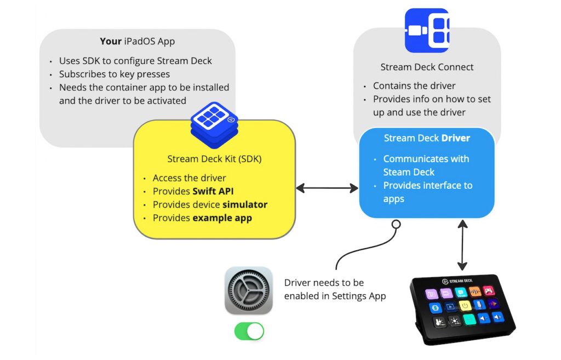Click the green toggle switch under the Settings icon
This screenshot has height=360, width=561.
tap(249, 331)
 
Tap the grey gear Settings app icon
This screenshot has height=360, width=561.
tap(248, 290)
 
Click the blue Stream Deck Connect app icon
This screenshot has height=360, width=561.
tap(427, 31)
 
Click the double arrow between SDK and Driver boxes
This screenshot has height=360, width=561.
tap(327, 188)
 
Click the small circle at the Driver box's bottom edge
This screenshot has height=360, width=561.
tap(396, 224)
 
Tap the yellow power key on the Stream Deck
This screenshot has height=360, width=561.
tap(465, 305)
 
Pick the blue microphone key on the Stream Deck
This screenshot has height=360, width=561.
tap(479, 304)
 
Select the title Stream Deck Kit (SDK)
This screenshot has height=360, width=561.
tap(214, 159)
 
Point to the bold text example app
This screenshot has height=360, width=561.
tap(222, 218)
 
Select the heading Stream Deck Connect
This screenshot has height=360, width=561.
tap(427, 67)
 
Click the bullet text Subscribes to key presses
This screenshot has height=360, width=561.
tap(115, 74)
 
